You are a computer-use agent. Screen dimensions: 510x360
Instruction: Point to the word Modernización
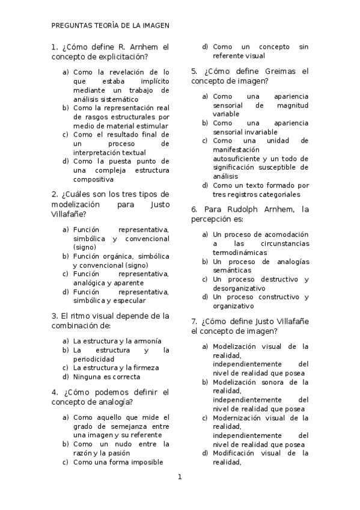(239, 417)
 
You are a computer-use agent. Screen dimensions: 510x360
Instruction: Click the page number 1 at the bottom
(179, 477)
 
